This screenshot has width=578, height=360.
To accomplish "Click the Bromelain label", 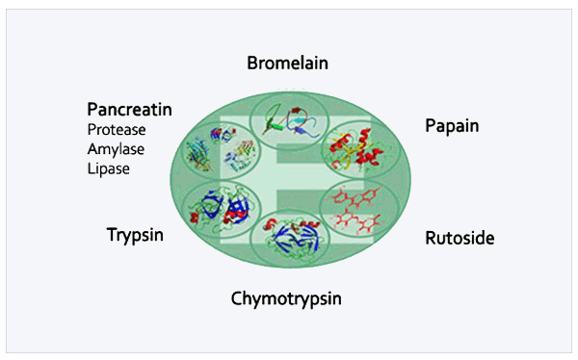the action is [287, 63].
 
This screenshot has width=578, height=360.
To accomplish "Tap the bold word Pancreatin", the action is [129, 110].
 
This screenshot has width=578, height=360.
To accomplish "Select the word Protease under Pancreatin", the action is [117, 130].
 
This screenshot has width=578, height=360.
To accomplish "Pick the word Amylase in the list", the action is [116, 149].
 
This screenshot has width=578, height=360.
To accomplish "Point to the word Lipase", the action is [108, 169].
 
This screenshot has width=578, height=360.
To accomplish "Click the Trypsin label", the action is [135, 235].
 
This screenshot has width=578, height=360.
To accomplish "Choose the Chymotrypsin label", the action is [286, 298].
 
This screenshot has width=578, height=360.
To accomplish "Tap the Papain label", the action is [452, 126].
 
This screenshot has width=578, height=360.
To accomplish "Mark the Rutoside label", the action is [460, 238].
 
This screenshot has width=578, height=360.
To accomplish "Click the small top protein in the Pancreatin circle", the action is [223, 134].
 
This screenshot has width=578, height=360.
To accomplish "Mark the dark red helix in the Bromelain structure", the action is [296, 110].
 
